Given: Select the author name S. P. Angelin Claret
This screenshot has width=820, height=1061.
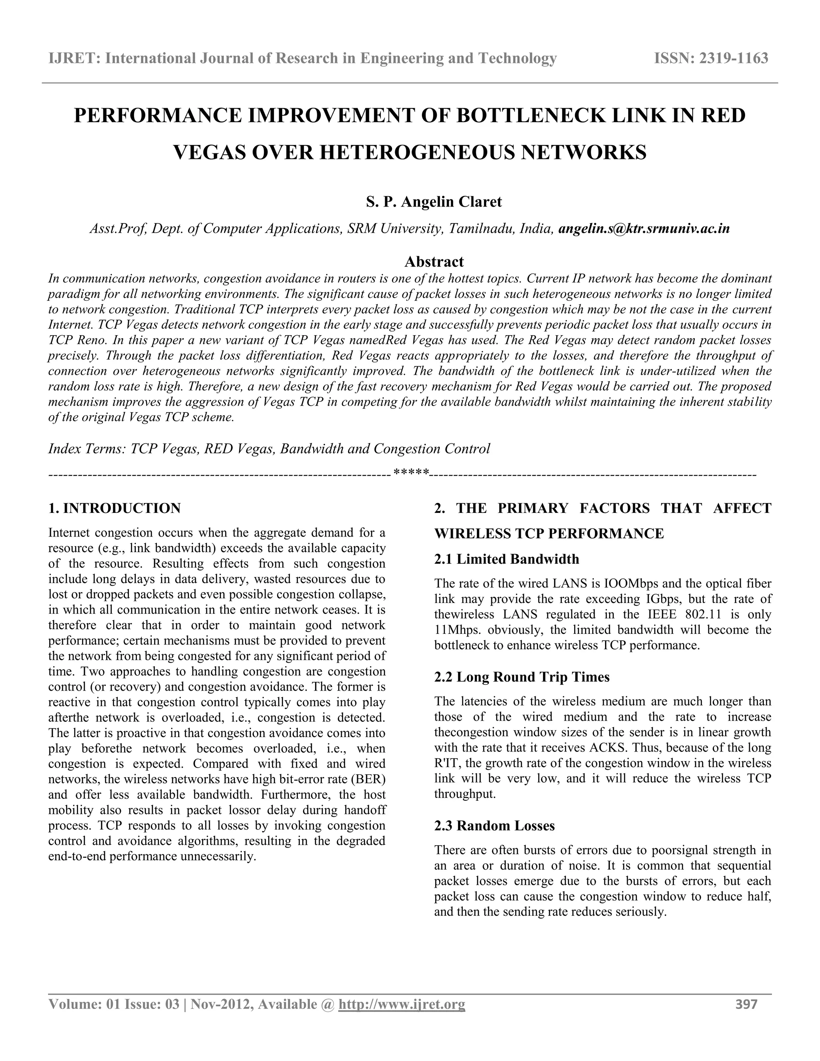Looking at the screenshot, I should click(433, 201).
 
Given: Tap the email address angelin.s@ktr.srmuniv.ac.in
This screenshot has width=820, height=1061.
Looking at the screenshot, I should click(644, 228).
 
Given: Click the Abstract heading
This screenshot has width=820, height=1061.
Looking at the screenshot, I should click(434, 262).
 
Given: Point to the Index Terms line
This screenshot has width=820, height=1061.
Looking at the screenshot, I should click(269, 448).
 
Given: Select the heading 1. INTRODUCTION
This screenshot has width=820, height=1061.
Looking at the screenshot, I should click(115, 508).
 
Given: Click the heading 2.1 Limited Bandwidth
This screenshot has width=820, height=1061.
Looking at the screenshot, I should click(506, 559).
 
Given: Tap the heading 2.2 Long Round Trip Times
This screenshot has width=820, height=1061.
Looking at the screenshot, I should click(521, 677).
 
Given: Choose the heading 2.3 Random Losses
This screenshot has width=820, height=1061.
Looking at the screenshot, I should click(494, 826).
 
